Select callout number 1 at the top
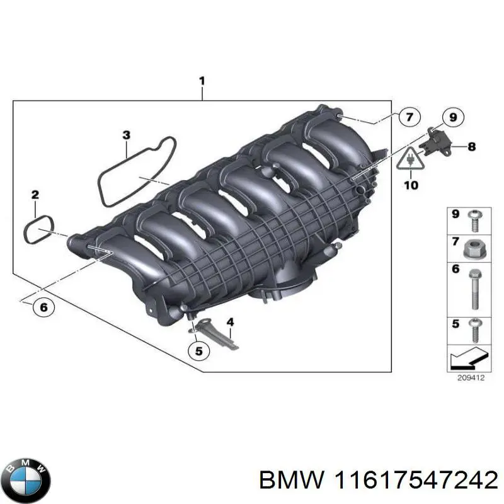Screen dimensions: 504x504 (202, 81)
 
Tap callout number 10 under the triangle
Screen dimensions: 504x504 (410, 185)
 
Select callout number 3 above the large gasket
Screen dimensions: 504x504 (126, 135)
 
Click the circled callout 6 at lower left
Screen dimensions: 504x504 (43, 307)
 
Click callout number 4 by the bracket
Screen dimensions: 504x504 (230, 323)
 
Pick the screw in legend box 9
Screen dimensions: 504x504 (474, 220)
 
